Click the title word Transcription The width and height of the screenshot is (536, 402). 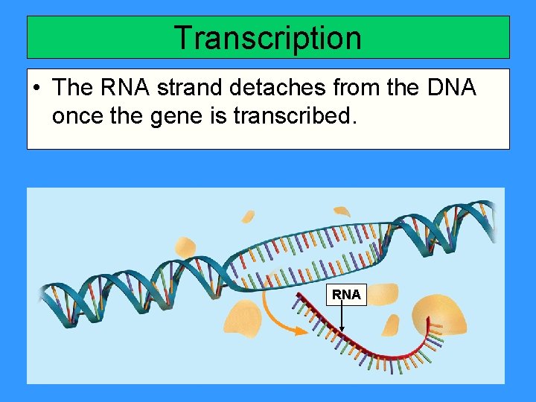pos(267,38)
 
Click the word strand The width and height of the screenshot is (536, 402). pos(188,88)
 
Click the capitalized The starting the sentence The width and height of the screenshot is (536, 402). pos(71,88)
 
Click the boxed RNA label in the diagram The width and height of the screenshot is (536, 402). pos(346,295)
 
